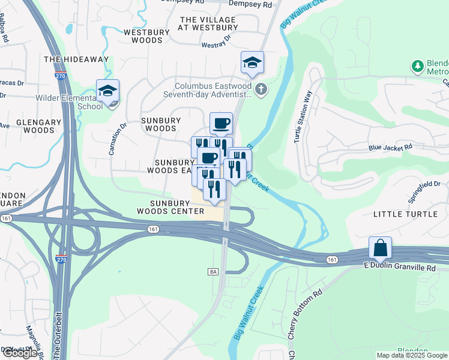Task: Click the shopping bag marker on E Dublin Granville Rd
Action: coord(381,247)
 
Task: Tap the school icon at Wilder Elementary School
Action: coord(107,91)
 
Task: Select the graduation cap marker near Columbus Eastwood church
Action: coord(253,62)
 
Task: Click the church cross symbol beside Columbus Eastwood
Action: coord(260,90)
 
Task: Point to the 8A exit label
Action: coord(213,272)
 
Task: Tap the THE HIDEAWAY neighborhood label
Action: coord(76,59)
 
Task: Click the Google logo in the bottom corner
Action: coord(20,353)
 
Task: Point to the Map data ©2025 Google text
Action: coord(412,355)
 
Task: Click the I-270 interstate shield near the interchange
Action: coord(61,259)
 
